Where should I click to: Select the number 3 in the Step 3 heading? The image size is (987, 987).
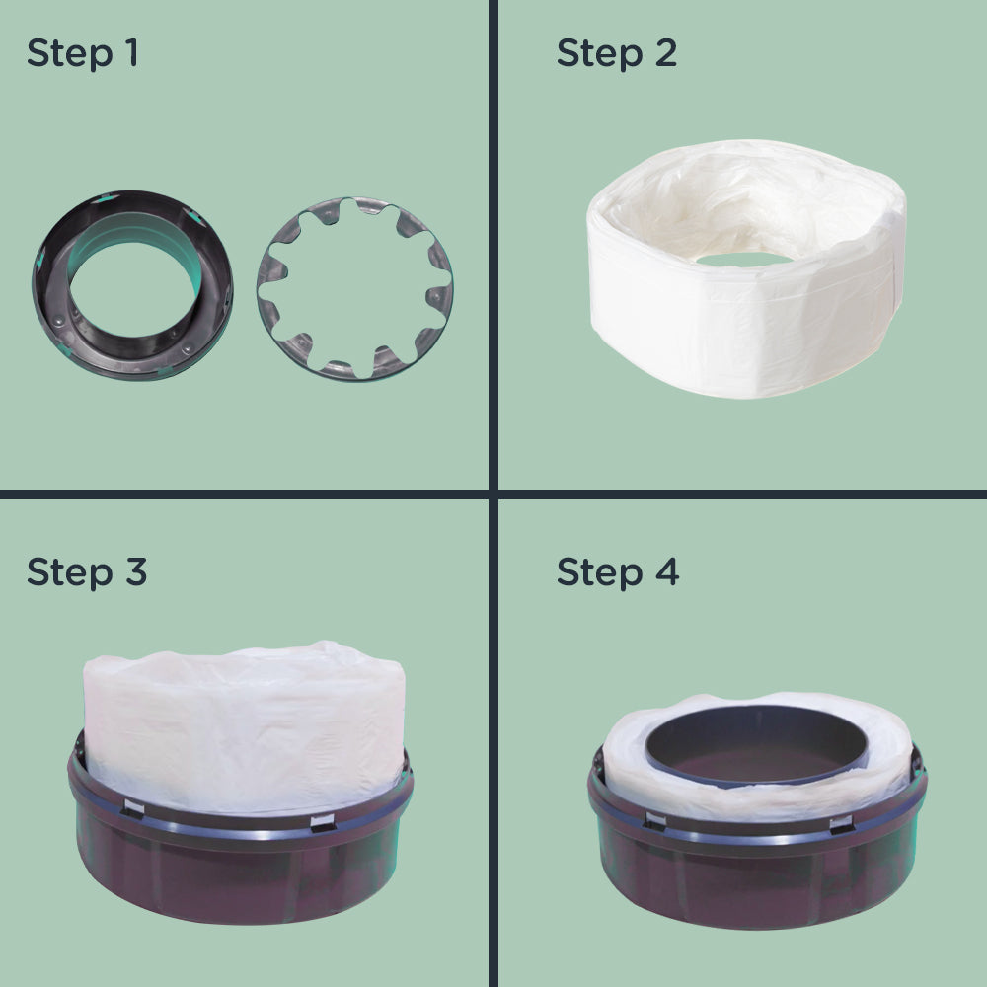click(x=135, y=571)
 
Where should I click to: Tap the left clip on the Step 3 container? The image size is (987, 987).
click(x=132, y=809)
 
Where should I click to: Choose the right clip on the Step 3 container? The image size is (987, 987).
click(x=322, y=822)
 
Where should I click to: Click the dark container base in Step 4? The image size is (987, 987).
click(x=755, y=883)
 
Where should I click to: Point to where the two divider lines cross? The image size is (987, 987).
click(x=493, y=493)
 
